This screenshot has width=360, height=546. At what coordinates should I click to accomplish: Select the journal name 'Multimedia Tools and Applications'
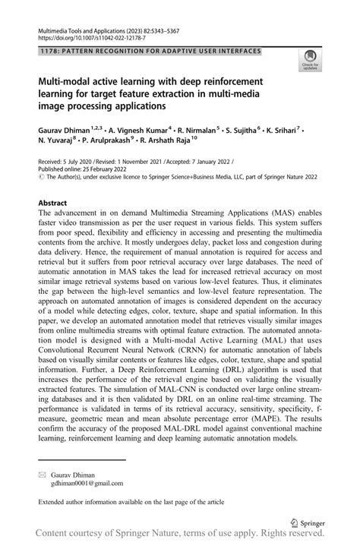coord(81,27)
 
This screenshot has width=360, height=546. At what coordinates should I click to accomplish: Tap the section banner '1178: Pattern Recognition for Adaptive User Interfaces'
coord(148,51)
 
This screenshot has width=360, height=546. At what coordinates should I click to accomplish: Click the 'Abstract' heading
coord(54,204)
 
